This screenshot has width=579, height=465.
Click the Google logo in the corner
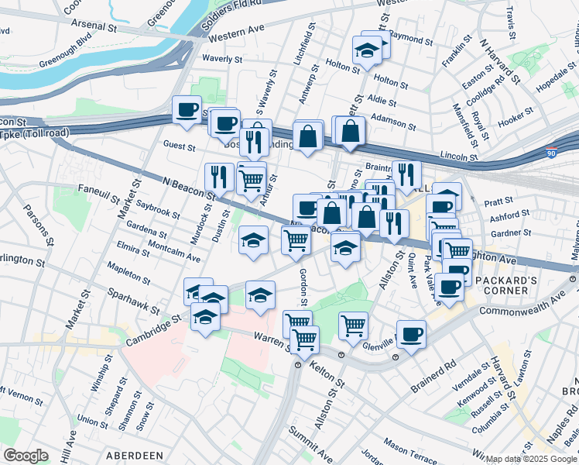tap(26, 456)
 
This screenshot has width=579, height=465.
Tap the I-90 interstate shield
tap(552, 153)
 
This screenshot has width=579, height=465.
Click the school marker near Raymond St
tap(366, 52)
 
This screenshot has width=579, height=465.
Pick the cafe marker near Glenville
tap(411, 334)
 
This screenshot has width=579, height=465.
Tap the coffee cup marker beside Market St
tap(187, 110)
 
